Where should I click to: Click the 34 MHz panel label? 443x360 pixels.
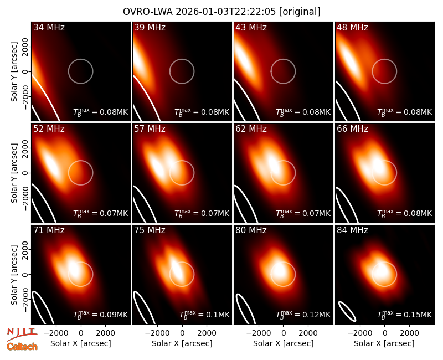[49, 27]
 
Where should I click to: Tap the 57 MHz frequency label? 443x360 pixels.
[150, 129]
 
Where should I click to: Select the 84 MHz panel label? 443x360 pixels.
[352, 230]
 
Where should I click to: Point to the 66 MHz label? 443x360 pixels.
[352, 129]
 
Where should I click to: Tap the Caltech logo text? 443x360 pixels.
[22, 347]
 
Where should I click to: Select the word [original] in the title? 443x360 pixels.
[300, 12]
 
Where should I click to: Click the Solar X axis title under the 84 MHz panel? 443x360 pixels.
[384, 343]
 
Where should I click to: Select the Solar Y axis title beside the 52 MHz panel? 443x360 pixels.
[14, 173]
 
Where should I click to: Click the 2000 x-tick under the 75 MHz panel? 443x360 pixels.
[207, 333]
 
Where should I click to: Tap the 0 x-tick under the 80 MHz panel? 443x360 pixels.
[284, 333]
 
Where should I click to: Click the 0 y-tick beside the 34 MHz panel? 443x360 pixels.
[25, 71]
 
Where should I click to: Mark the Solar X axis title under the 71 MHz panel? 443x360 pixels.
[81, 343]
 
